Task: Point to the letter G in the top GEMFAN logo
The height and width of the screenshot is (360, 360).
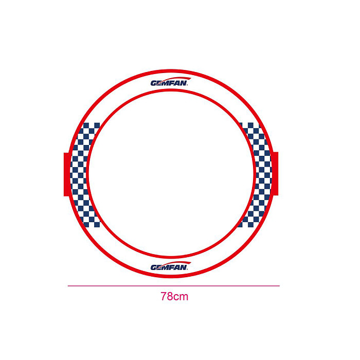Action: pyautogui.click(x=154, y=83)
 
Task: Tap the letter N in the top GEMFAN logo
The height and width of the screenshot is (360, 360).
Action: pyautogui.click(x=184, y=83)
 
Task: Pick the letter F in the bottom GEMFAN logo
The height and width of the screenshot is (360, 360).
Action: pyautogui.click(x=171, y=267)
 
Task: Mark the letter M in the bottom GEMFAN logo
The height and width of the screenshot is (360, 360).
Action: pyautogui.click(x=165, y=267)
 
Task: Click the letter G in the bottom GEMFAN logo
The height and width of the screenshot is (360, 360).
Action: pyautogui.click(x=154, y=267)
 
